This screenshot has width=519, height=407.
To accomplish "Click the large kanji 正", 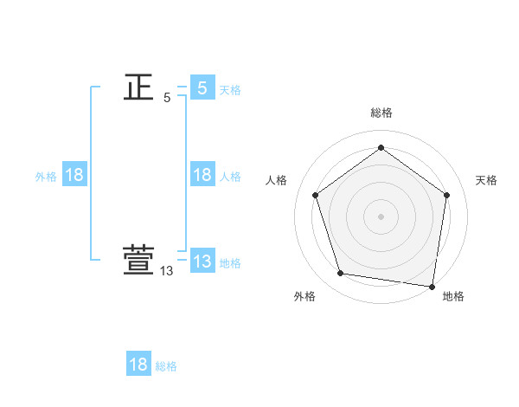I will [x=138, y=87].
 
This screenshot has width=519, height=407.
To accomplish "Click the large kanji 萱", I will [x=138, y=262].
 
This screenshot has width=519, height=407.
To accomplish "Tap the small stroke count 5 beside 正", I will [x=167, y=98].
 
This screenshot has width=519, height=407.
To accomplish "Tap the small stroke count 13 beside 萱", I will [x=167, y=271].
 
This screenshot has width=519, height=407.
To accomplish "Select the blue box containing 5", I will [x=202, y=87].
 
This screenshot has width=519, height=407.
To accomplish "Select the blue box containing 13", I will [x=202, y=262].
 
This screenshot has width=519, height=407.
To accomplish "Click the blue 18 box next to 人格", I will [x=202, y=175].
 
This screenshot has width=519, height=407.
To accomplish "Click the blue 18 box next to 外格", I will [x=74, y=175].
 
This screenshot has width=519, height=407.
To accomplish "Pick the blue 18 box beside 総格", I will [x=138, y=365].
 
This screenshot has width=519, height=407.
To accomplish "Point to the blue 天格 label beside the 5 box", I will [x=230, y=90].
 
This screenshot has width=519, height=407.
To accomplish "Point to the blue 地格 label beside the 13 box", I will [x=230, y=263].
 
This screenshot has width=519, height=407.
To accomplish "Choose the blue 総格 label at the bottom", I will [x=166, y=366].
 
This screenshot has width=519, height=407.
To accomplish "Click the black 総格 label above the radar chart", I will [x=381, y=113].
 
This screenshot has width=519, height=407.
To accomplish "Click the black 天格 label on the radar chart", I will [x=486, y=180].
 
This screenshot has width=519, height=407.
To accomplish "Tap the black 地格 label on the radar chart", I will [x=453, y=296].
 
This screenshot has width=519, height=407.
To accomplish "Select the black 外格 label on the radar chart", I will [x=304, y=296].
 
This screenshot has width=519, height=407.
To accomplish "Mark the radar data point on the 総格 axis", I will [x=381, y=148].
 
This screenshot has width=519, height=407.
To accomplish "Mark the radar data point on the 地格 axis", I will [x=432, y=286].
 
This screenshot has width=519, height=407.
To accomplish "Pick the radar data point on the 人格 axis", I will [x=315, y=195].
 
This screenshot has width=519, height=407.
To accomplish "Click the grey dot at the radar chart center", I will [x=381, y=216].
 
